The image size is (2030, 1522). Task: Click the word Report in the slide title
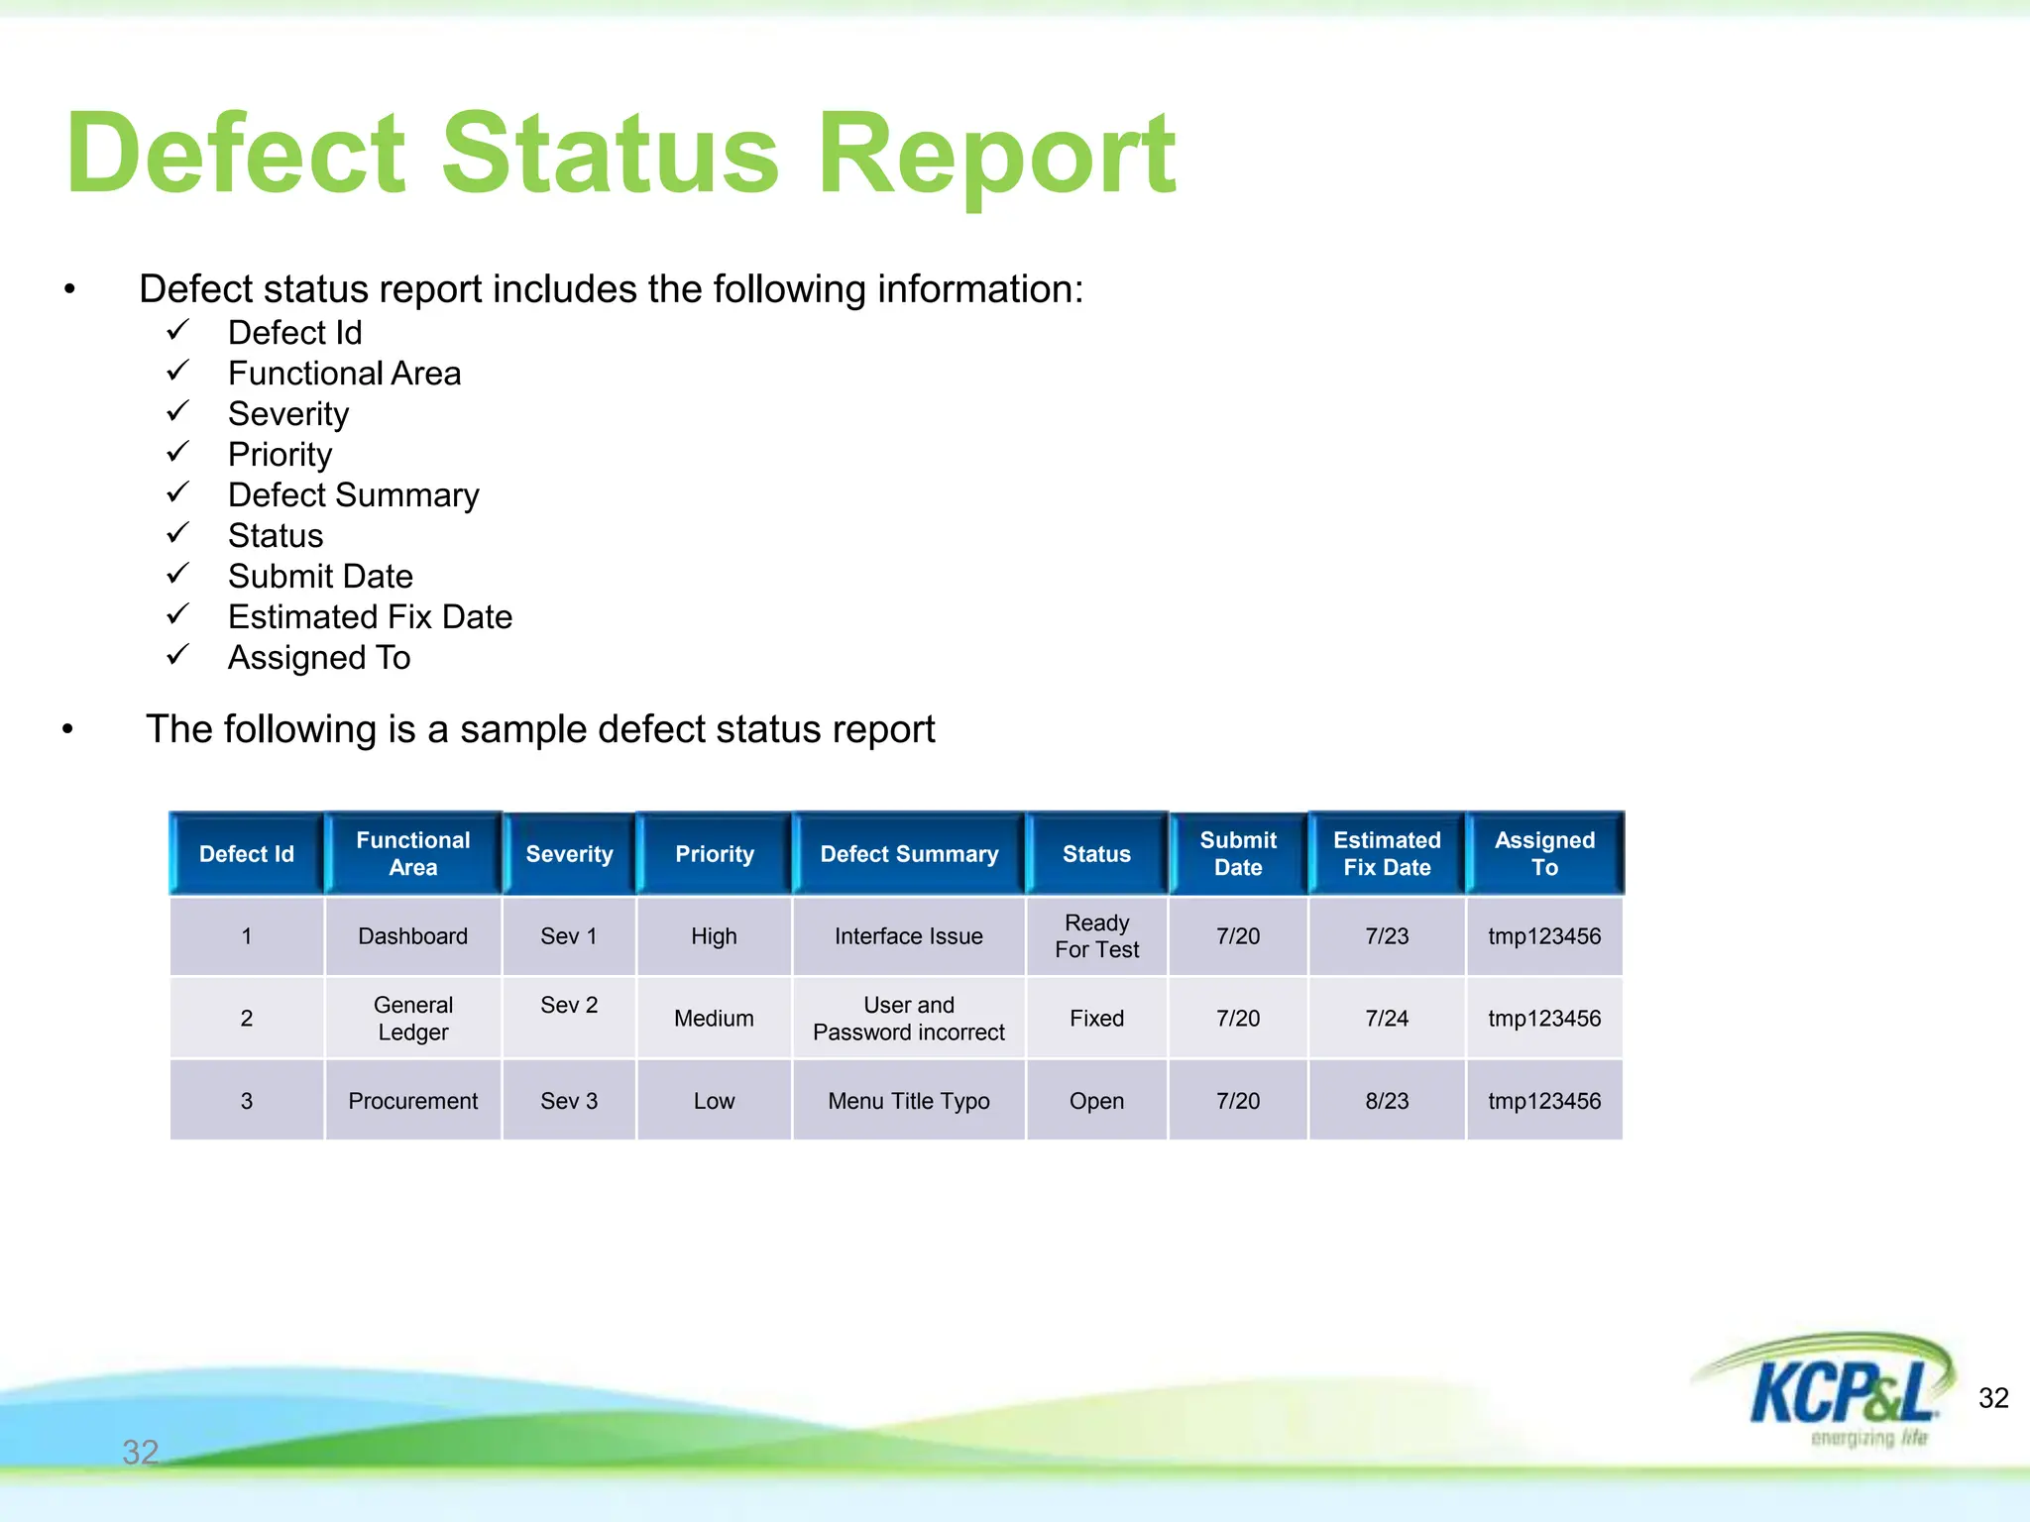[996, 157]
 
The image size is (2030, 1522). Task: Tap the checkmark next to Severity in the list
[177, 411]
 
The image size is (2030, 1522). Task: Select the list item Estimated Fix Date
[370, 617]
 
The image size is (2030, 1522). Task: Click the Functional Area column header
[412, 854]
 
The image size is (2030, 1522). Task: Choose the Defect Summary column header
[908, 854]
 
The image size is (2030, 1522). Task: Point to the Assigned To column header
[1543, 854]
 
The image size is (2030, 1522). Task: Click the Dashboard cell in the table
[412, 936]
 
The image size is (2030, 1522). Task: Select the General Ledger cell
[412, 1019]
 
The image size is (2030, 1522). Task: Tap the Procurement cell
[412, 1101]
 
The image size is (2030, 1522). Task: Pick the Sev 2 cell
[569, 1006]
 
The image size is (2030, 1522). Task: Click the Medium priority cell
[714, 1019]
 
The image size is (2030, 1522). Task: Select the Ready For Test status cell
[1096, 936]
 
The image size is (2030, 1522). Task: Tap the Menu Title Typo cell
[908, 1101]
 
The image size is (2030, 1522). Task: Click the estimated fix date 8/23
[1386, 1101]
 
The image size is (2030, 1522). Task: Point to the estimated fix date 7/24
[1386, 1019]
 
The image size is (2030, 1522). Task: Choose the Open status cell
[1096, 1101]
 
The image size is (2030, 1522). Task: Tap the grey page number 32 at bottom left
[140, 1453]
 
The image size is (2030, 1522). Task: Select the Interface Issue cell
[908, 936]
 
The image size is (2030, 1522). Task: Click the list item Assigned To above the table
[318, 658]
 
